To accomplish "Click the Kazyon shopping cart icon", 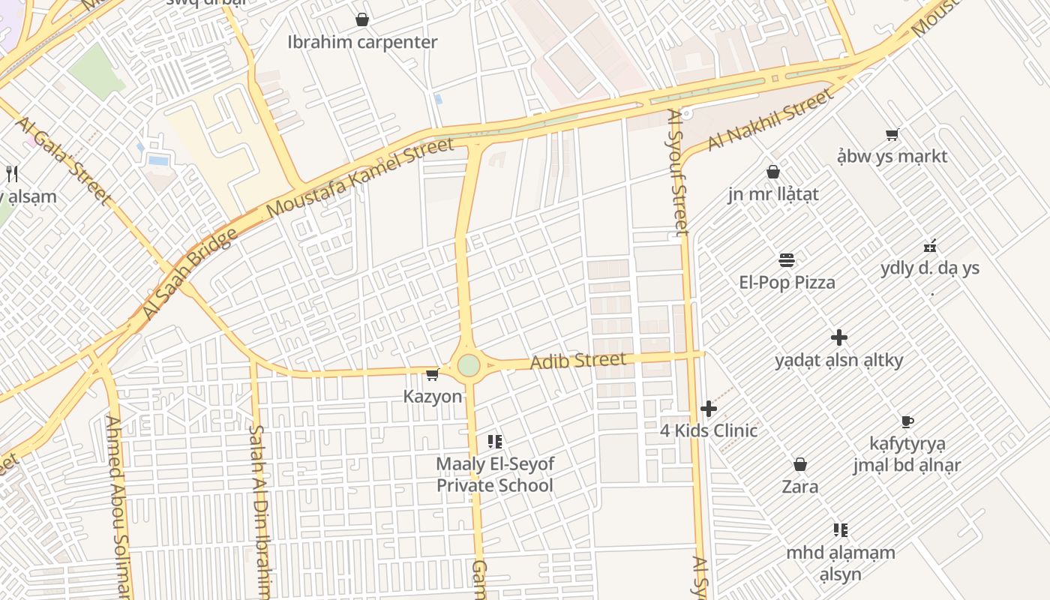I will tap(432, 375).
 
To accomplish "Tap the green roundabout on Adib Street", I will tap(469, 366).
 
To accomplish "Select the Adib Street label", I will tap(577, 361).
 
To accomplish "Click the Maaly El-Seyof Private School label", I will tap(495, 475).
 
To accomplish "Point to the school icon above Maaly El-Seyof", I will tap(494, 442).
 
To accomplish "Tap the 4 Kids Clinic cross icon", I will tap(709, 409).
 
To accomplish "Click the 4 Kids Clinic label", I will tap(709, 430).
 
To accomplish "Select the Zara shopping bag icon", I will tap(800, 465).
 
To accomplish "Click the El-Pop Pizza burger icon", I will tap(787, 260).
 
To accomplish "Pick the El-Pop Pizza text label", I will tap(787, 283).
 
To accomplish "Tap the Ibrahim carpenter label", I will tap(362, 42).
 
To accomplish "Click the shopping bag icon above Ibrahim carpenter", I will tap(362, 19).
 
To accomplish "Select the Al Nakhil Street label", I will tap(770, 119).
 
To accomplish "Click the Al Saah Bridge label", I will tap(189, 274).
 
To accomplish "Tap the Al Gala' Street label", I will tap(63, 160).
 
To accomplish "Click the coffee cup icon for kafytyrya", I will tap(907, 421).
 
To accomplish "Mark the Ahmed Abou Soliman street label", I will tap(118, 506).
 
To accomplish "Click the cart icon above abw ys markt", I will tap(892, 135).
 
